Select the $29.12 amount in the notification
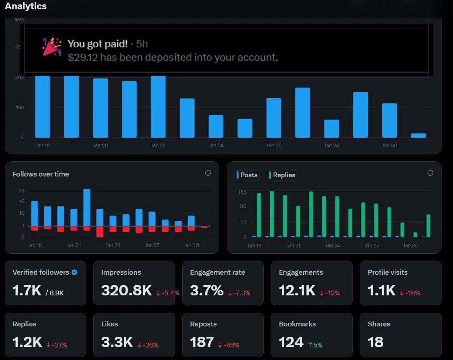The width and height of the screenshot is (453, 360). [83, 58]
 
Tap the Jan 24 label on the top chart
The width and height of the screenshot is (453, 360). [216, 145]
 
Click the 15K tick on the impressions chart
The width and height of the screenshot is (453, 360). [20, 107]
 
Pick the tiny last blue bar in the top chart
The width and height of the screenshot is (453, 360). [418, 136]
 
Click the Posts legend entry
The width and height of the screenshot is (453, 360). [247, 175]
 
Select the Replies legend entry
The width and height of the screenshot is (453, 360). [282, 175]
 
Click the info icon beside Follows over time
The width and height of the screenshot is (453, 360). [208, 173]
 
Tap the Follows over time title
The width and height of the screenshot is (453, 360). [41, 174]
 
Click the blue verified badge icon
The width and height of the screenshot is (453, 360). [74, 272]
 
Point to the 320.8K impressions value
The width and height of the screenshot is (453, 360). [126, 291]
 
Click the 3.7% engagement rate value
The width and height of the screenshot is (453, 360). [207, 291]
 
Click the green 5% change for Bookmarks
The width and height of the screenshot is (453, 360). [315, 345]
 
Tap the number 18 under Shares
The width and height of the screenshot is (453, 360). [375, 342]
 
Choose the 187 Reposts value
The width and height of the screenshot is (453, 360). [202, 342]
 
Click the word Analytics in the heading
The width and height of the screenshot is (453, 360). [26, 6]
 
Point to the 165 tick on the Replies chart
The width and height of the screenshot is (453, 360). [242, 192]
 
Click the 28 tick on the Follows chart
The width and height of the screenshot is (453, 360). [21, 191]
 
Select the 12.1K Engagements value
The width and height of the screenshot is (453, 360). [297, 291]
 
